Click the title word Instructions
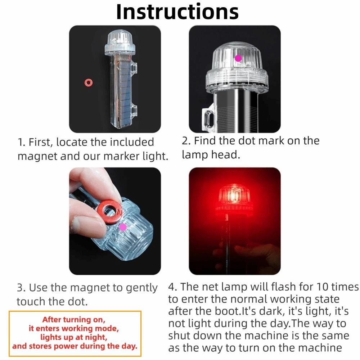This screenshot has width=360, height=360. point(177,12)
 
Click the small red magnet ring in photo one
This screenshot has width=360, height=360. point(87,83)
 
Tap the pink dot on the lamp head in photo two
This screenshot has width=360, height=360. point(238,58)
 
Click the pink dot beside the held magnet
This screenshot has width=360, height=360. point(123,226)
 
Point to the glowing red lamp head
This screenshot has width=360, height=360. point(234,196)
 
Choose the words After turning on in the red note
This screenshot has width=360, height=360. point(73,320)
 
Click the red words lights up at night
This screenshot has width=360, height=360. point(73,338)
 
